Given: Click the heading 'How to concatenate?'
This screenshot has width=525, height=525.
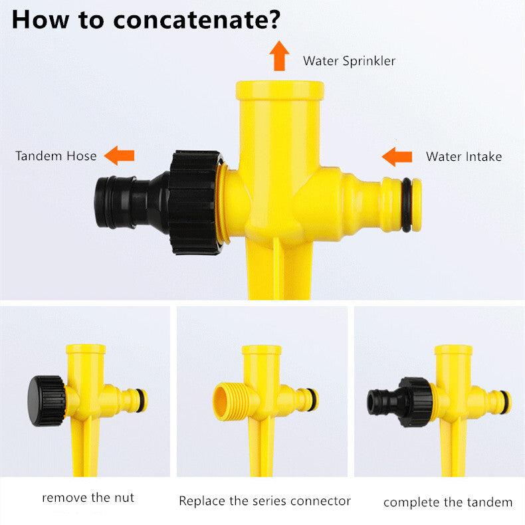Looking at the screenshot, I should click(x=146, y=19).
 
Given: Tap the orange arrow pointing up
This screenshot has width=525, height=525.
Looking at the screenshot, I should click(x=280, y=56).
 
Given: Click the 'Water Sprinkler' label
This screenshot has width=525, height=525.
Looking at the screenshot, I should click(x=349, y=61).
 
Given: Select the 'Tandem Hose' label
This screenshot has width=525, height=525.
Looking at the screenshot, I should click(x=56, y=156).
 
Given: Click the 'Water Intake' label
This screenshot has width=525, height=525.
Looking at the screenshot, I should click(x=463, y=157).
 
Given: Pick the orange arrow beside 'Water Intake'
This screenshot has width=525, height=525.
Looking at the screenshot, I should click(x=397, y=157).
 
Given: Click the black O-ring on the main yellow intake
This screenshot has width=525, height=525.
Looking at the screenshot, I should click(x=406, y=205).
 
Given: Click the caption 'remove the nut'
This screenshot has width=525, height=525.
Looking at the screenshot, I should click(x=88, y=498).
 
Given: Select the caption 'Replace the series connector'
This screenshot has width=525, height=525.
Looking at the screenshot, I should click(x=264, y=500).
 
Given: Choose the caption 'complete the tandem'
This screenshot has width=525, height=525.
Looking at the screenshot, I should click(x=448, y=502).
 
